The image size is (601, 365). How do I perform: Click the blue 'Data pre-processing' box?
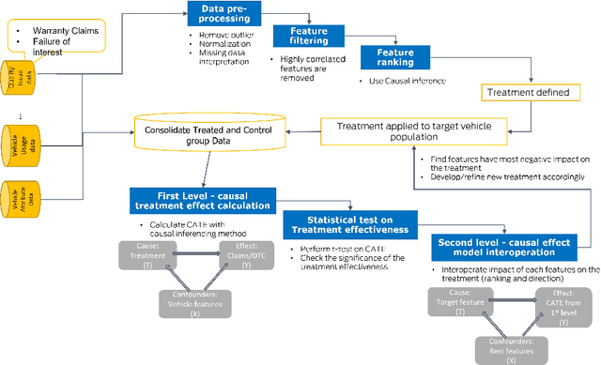(220, 14)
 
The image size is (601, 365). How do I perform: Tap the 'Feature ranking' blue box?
(395, 55)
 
